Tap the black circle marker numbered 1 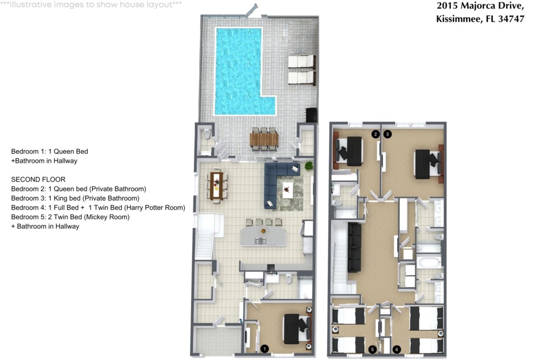265,348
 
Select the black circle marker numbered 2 375,134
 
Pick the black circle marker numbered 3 388,134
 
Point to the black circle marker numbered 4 397,349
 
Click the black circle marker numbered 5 372,349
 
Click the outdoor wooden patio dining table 264,140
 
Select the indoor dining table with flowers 216,185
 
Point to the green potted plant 309,166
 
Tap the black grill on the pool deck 311,115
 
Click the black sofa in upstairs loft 354,247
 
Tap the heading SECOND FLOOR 38,179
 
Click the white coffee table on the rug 287,190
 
